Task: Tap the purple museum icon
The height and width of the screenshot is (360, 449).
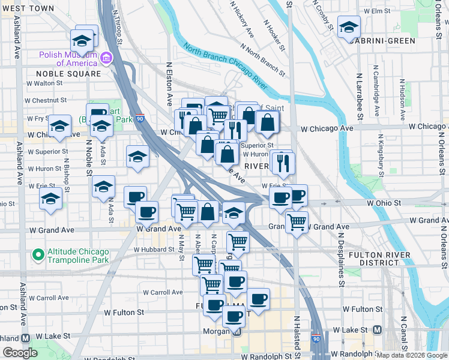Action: click(x=106, y=58)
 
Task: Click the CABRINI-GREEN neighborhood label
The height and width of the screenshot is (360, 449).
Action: click(x=382, y=41)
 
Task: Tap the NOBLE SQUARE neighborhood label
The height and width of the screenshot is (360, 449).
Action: click(x=68, y=74)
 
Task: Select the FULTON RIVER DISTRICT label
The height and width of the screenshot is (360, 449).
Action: click(x=379, y=259)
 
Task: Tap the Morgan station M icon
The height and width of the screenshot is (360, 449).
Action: click(x=237, y=332)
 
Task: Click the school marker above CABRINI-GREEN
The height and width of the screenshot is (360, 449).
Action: click(x=349, y=27)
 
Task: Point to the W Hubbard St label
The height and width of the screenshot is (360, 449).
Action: click(x=154, y=250)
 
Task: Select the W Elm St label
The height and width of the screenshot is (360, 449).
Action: click(x=385, y=11)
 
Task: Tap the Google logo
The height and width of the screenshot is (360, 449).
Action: click(x=20, y=353)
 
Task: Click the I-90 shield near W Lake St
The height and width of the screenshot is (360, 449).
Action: click(x=316, y=339)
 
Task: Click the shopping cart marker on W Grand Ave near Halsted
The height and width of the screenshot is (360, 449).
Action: click(x=297, y=221)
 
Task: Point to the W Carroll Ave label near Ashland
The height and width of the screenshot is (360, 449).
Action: click(x=49, y=298)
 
